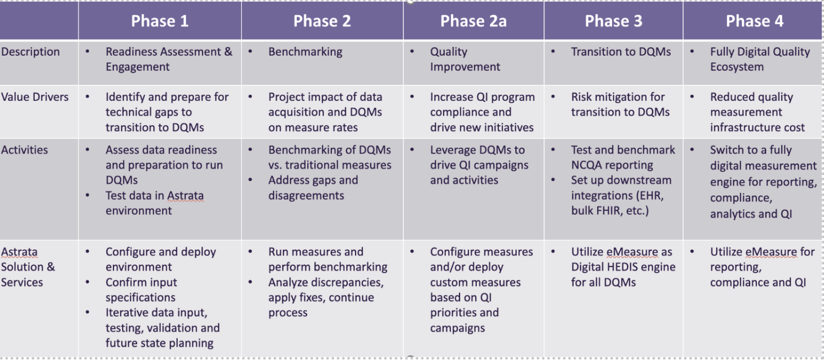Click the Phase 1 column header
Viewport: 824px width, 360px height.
(x=160, y=21)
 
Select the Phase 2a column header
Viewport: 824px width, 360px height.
(x=473, y=21)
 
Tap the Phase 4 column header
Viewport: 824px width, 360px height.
(x=755, y=21)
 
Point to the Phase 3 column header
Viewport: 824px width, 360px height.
(x=614, y=21)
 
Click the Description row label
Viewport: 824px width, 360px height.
(x=30, y=52)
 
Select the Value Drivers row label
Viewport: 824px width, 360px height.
(x=35, y=97)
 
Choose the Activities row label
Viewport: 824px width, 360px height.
(x=24, y=150)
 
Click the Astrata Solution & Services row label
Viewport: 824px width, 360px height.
(x=28, y=267)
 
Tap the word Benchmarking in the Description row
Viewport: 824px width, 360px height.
(x=305, y=52)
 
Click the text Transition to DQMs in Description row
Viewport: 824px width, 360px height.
(x=621, y=52)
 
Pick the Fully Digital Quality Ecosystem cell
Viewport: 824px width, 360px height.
(x=760, y=59)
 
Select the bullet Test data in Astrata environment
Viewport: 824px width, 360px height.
(x=155, y=203)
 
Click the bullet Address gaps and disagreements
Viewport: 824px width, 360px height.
(x=313, y=188)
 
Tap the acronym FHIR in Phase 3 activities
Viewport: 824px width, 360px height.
(x=603, y=211)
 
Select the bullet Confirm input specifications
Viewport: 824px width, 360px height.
(x=141, y=290)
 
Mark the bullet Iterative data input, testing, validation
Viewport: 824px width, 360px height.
(x=162, y=328)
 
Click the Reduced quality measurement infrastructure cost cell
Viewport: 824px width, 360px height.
(x=757, y=112)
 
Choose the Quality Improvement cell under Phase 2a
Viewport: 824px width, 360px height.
(x=465, y=59)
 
